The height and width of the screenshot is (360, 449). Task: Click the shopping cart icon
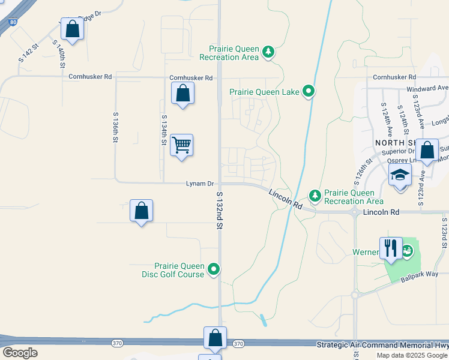181,145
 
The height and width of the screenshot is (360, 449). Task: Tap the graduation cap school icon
400,175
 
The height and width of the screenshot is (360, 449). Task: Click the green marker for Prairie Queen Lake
309,92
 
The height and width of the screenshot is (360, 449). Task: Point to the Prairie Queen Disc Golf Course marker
214,270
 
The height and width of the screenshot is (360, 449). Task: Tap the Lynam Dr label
200,183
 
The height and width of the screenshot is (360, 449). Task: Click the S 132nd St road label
219,210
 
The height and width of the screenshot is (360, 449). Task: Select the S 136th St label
115,127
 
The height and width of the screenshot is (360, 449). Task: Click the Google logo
20,352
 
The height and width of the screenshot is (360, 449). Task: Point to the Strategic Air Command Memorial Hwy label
382,345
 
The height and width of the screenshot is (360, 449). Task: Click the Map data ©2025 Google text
412,355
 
